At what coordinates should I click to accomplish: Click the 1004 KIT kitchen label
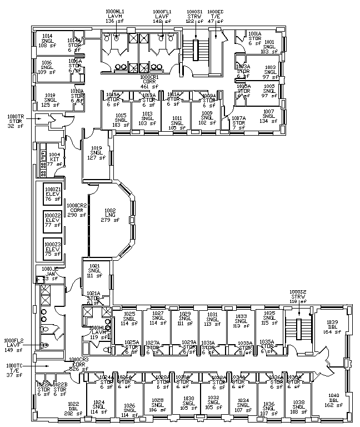54,159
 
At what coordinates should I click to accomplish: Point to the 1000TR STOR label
16,121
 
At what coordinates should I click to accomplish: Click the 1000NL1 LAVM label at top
114,16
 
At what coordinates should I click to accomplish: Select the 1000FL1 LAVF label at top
162,16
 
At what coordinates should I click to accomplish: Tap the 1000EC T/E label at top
215,16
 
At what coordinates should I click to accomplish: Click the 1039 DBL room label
332,327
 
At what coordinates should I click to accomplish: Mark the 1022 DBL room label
57,409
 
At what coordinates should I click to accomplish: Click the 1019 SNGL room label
97,152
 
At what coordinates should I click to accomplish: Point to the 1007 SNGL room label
268,116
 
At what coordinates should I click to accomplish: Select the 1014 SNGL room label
47,41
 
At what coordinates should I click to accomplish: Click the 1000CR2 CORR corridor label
77,210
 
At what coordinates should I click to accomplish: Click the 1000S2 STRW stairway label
298,295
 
